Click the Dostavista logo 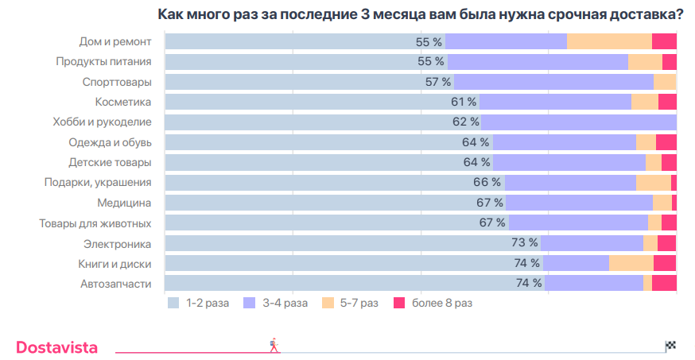57,346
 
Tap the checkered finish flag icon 670,345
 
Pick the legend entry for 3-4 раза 276,303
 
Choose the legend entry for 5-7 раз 350,303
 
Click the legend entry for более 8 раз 433,303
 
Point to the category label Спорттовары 117,82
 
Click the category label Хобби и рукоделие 102,122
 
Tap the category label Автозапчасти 116,284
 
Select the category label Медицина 124,203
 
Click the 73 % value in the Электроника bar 524,243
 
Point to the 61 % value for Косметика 464,102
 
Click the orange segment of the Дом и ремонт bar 609,41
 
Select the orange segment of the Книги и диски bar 631,263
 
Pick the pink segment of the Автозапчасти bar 664,284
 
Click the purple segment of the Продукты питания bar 538,61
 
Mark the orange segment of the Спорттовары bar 664,82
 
